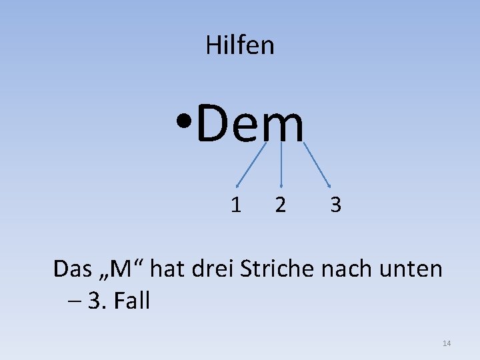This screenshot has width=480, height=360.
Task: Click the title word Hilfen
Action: tap(240, 45)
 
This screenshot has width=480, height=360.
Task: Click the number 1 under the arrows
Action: tap(236, 205)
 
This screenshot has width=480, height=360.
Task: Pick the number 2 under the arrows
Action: tap(281, 205)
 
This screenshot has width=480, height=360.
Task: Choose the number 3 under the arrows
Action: tap(335, 205)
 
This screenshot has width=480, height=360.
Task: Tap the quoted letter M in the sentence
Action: tap(121, 269)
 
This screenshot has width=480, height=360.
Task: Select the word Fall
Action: tap(131, 301)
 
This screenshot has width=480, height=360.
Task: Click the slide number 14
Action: tap(447, 343)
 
